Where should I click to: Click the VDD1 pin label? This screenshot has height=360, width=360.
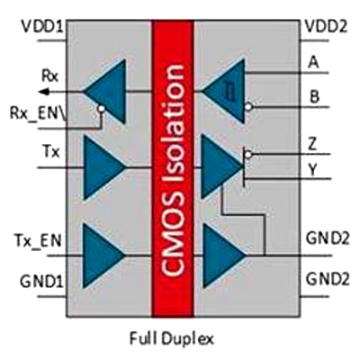[42, 26]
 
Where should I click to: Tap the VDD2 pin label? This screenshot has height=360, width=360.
[326, 26]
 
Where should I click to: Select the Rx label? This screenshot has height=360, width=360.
[49, 76]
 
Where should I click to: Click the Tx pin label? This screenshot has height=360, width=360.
[52, 152]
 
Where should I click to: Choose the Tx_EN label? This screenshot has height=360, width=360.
[38, 241]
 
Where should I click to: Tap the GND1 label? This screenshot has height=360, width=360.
[41, 282]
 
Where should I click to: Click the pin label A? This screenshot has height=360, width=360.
[314, 63]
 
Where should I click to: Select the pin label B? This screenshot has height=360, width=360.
[314, 97]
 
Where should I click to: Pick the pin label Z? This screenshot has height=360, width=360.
[312, 145]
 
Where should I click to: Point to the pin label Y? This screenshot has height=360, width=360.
[312, 170]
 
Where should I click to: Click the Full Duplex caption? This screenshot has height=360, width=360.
[172, 339]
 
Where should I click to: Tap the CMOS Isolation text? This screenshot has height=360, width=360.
[173, 170]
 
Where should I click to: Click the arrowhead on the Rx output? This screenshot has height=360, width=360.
[44, 91]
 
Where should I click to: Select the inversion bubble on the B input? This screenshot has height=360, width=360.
[248, 106]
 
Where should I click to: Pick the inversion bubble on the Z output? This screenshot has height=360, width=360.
[248, 155]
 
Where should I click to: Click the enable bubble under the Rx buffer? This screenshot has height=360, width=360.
[102, 108]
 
